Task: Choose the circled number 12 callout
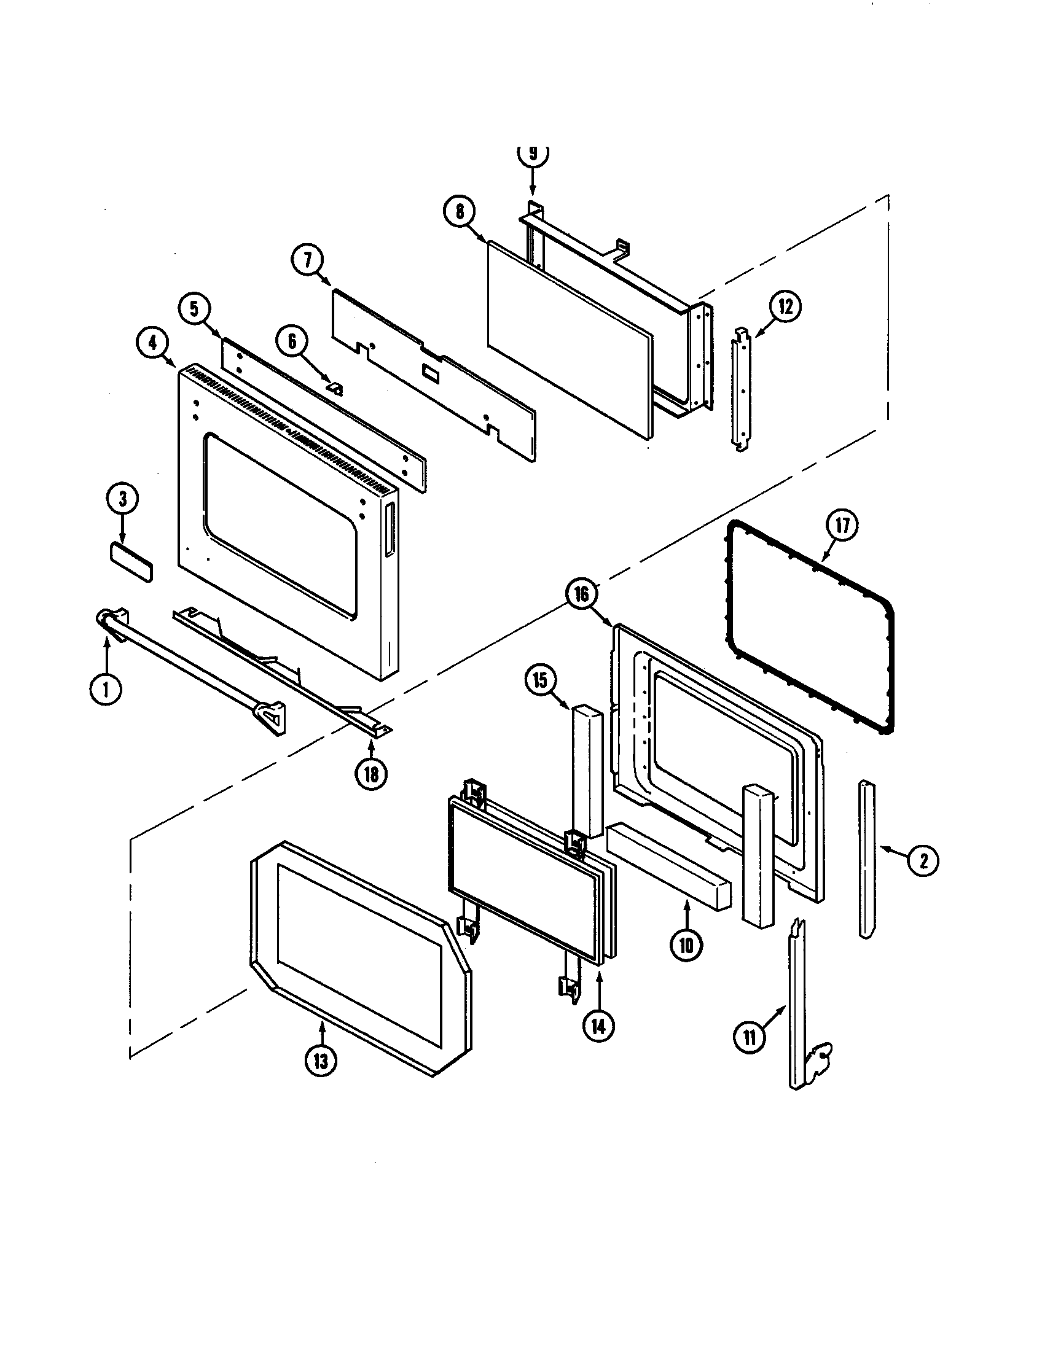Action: click(x=785, y=307)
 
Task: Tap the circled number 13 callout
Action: click(x=321, y=1062)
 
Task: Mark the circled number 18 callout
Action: click(x=371, y=774)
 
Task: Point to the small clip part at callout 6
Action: click(x=336, y=388)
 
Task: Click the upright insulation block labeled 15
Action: click(x=587, y=770)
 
